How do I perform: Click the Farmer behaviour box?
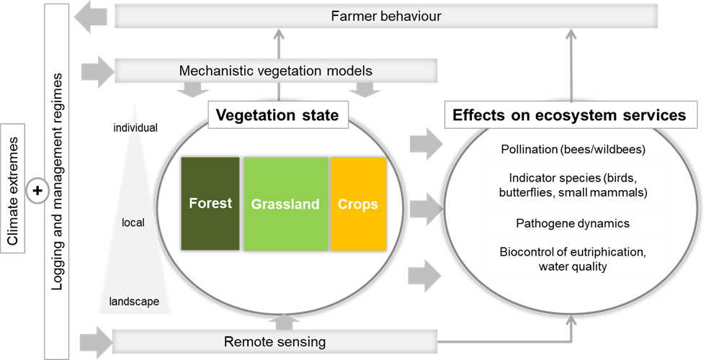pyautogui.click(x=385, y=16)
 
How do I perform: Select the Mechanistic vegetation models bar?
pyautogui.click(x=276, y=71)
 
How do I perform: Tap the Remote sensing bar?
pyautogui.click(x=274, y=342)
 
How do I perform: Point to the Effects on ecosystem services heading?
pyautogui.click(x=569, y=115)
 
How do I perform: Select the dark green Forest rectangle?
pyautogui.click(x=210, y=204)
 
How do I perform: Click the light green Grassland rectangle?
pyautogui.click(x=285, y=204)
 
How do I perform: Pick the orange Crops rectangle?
pyautogui.click(x=358, y=204)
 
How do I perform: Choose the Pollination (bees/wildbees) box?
pyautogui.click(x=573, y=150)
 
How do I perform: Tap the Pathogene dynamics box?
pyautogui.click(x=573, y=223)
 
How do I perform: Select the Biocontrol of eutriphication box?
pyautogui.click(x=573, y=259)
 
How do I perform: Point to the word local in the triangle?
pyautogui.click(x=133, y=222)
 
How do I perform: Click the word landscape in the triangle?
pyautogui.click(x=134, y=302)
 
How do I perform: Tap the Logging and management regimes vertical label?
pyautogui.click(x=57, y=180)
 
